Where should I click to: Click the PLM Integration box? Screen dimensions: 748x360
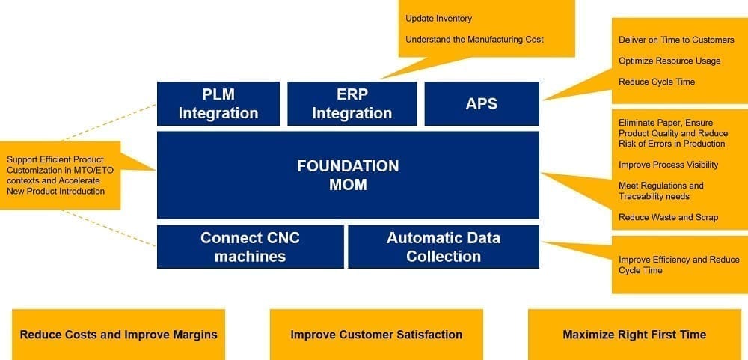click(218, 103)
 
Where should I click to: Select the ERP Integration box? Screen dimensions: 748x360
click(352, 103)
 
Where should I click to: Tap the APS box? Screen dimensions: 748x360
click(482, 103)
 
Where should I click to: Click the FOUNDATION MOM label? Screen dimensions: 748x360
click(349, 175)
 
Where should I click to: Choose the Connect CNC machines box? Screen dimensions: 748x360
click(250, 247)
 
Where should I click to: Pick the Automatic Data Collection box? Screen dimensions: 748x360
click(444, 247)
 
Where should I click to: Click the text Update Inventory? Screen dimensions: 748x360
click(438, 19)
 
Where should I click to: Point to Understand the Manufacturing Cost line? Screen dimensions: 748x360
click(474, 40)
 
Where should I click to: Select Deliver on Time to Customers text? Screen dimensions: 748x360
click(676, 40)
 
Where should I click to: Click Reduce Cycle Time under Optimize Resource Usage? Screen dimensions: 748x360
click(657, 82)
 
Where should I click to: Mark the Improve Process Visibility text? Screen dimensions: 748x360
click(668, 165)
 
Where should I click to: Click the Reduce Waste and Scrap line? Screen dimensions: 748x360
click(668, 217)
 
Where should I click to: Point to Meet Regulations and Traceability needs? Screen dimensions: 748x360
click(661, 191)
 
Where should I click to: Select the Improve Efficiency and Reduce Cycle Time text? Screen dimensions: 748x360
click(679, 265)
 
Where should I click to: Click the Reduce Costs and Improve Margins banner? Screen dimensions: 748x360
click(118, 335)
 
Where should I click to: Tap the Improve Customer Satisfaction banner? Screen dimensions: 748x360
click(376, 335)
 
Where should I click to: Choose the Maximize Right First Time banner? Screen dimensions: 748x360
click(634, 335)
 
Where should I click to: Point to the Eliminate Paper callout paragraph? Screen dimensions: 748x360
click(673, 133)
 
